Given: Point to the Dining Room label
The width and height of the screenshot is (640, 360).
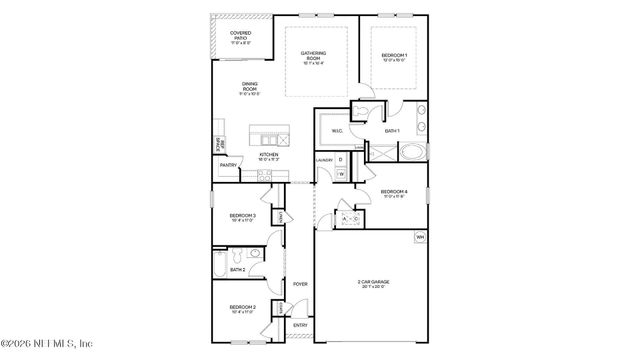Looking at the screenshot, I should click(250, 88).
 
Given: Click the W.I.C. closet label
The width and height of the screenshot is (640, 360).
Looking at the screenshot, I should click(338, 129).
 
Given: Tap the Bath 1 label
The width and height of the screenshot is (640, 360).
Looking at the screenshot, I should click(392, 131).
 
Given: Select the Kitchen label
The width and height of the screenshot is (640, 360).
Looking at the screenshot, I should click(269, 156).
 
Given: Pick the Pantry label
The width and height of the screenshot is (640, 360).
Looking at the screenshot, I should click(228, 165).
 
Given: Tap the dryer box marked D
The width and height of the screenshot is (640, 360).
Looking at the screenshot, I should click(341, 160).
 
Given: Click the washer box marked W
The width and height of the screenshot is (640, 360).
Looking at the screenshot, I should click(341, 175).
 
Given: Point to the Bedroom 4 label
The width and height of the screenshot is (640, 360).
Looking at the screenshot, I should click(393, 193).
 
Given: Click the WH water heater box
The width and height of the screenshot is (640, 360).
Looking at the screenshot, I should click(420, 237).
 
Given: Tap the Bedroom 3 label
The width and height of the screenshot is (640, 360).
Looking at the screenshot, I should click(242, 217).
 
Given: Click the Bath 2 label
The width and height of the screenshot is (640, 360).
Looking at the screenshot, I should click(237, 269).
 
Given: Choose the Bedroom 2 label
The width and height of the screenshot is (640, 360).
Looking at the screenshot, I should click(242, 308).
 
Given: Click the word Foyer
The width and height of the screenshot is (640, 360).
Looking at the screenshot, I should click(300, 284).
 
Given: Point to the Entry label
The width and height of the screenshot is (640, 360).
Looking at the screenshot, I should click(300, 325).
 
